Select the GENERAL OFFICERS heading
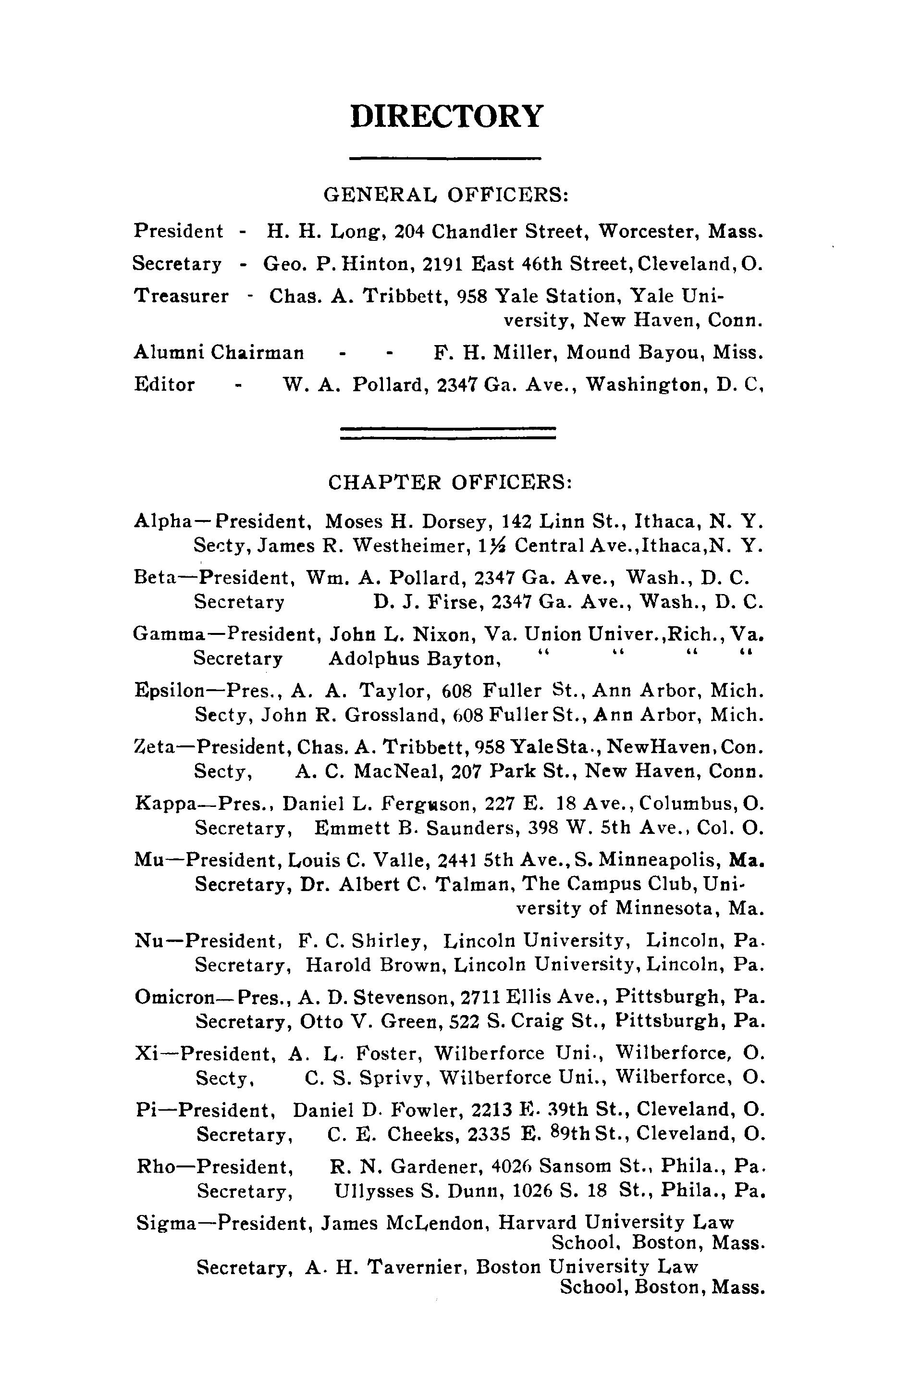point(446,194)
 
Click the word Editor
point(164,384)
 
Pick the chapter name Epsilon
point(169,691)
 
